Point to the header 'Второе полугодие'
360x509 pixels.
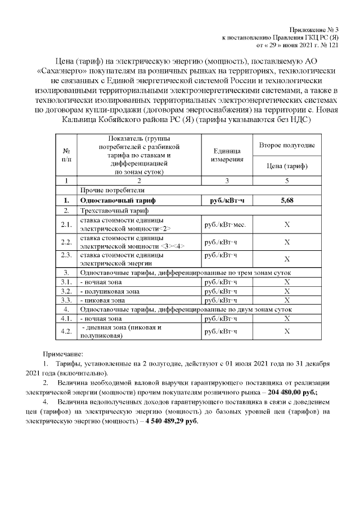click(286, 146)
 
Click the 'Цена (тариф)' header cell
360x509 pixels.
click(286, 166)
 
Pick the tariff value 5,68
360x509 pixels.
click(286, 200)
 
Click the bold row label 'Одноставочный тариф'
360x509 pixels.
click(118, 200)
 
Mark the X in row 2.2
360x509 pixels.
click(286, 242)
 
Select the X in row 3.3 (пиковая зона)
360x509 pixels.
click(286, 300)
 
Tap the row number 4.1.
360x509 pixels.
click(66, 318)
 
